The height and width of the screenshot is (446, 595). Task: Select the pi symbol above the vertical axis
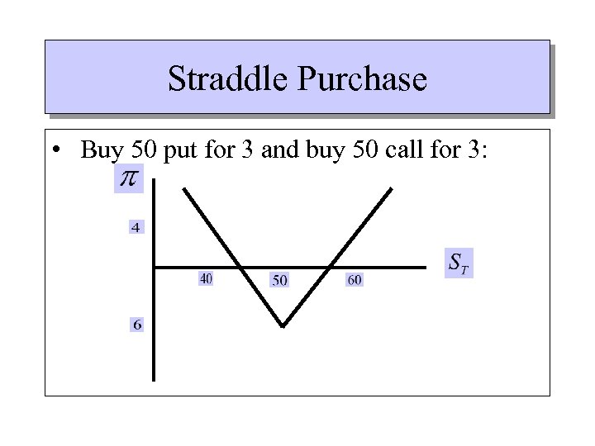[x=129, y=178]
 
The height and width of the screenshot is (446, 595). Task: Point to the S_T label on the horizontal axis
[x=459, y=263]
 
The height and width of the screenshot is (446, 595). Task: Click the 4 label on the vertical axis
[x=136, y=226]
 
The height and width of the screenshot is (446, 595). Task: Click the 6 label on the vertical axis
[x=136, y=325]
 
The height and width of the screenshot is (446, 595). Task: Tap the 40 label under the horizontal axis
[x=206, y=279]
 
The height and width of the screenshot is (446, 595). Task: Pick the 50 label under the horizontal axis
[x=279, y=281]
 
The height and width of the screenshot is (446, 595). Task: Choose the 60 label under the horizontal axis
[x=354, y=281]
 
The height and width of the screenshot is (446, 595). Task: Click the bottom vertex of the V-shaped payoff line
[x=283, y=326]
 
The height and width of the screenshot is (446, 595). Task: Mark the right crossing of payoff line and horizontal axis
[x=328, y=267]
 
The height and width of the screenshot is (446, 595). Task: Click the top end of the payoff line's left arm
[x=183, y=189]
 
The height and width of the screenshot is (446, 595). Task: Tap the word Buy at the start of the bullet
[x=102, y=151]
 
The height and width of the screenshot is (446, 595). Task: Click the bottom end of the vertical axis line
[x=154, y=379]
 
